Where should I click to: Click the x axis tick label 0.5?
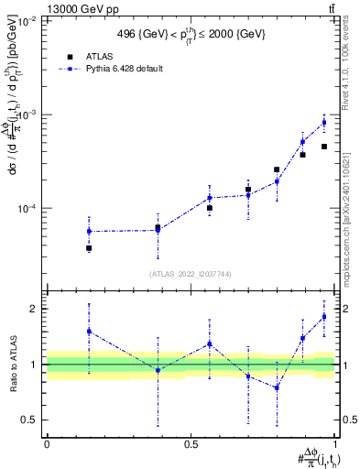(191, 443)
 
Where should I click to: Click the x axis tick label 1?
(335, 443)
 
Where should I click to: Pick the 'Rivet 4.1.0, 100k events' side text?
(352, 73)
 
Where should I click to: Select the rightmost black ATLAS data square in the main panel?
(324, 147)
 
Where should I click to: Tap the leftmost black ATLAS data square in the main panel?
(89, 248)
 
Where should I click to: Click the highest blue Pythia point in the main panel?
(324, 123)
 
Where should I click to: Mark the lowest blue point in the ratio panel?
(277, 387)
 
